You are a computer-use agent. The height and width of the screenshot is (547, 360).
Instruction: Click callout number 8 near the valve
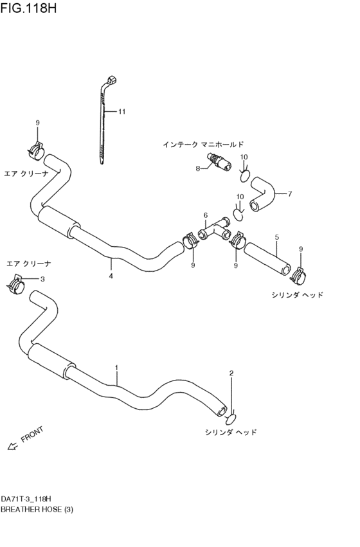[198, 168]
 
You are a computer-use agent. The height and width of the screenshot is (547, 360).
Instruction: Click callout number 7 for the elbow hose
[290, 193]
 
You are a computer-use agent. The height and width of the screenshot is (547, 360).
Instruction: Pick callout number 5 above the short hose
[276, 237]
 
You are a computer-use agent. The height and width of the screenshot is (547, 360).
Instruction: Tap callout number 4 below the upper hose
[111, 276]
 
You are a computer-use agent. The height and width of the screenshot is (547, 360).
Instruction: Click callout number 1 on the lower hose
[116, 368]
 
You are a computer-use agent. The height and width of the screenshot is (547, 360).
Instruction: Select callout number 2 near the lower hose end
[231, 373]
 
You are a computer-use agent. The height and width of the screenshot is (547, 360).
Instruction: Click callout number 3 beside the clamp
[42, 279]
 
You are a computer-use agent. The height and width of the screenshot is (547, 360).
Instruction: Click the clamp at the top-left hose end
[37, 151]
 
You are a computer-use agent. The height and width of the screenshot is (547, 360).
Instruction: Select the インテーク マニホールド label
[203, 145]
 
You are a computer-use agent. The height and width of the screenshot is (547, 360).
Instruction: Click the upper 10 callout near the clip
[244, 157]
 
